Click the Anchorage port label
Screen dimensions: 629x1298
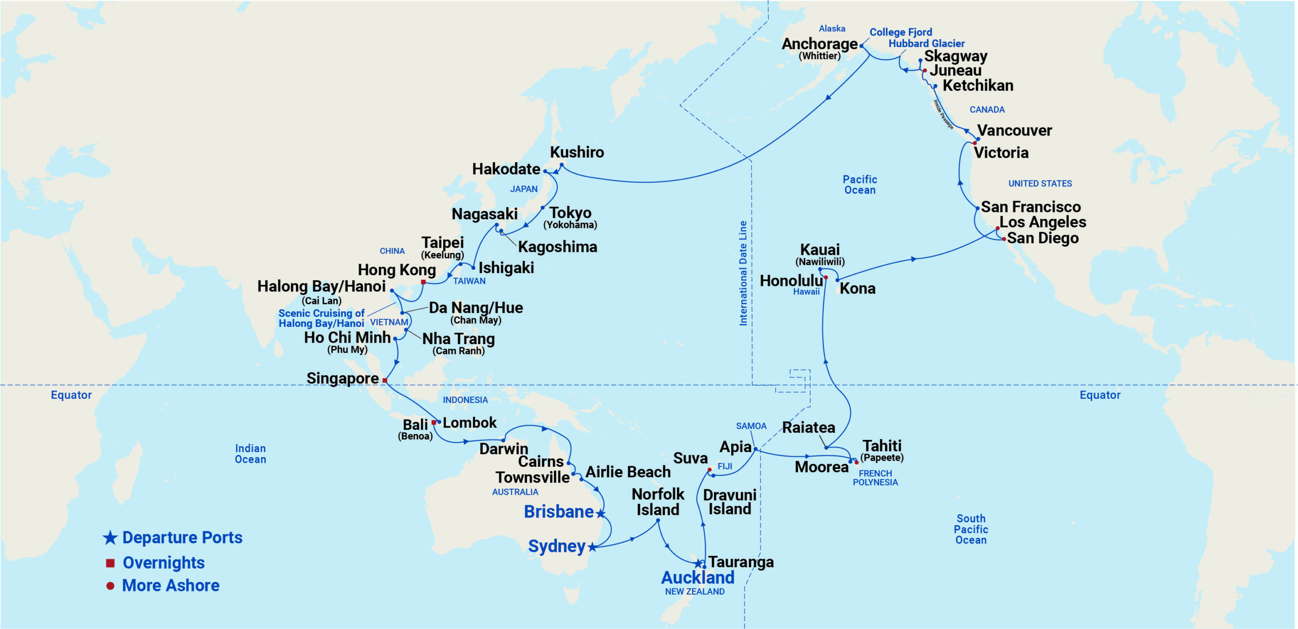point(819,44)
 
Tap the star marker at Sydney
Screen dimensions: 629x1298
point(592,547)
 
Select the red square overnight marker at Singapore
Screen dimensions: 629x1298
point(385,380)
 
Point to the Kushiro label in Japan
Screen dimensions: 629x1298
point(576,152)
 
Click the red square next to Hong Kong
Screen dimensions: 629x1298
point(423,282)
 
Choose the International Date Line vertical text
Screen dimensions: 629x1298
point(743,273)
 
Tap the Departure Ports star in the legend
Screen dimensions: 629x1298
point(110,538)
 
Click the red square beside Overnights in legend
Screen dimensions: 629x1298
point(110,563)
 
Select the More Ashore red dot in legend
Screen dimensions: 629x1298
point(110,586)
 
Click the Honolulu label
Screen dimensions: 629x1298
point(791,280)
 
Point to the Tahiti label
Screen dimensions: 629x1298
point(882,446)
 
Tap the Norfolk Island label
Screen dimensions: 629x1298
point(658,501)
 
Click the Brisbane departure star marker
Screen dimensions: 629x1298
point(601,514)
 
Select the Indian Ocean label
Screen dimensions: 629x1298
point(250,454)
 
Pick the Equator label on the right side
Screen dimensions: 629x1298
point(1099,395)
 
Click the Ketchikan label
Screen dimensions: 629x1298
point(978,85)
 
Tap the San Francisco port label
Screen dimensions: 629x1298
point(1030,207)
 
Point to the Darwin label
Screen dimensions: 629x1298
point(503,449)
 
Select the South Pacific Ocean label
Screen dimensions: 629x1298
point(970,529)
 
